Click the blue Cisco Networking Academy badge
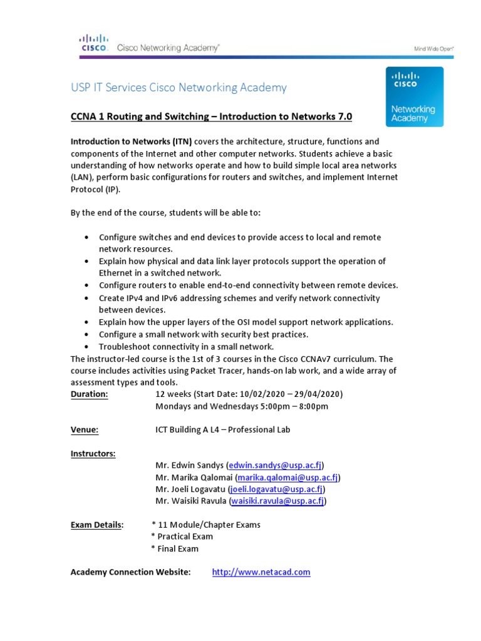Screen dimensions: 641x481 pos(415,96)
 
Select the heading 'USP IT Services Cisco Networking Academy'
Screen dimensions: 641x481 pos(178,88)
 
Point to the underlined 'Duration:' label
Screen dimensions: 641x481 pos(89,394)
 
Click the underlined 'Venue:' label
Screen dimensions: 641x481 pos(85,429)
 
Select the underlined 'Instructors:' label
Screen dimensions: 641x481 pos(93,454)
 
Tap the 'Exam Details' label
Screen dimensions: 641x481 pos(96,525)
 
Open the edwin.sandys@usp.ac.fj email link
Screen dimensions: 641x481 pos(275,465)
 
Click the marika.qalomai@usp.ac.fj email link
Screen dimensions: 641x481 pos(287,478)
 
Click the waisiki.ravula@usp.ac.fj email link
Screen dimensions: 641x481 pos(277,501)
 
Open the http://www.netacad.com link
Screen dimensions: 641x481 pos(261,572)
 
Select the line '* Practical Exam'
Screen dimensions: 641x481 pos(182,536)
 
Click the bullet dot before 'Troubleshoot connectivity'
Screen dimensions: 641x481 pos(85,347)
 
